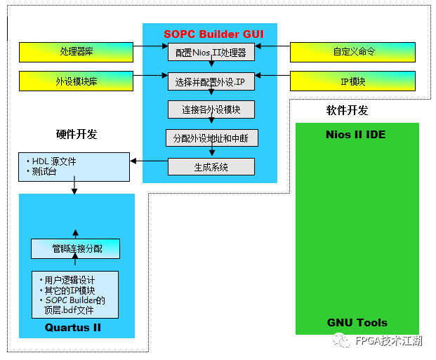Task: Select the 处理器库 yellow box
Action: pos(75,51)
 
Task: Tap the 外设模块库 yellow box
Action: pos(75,81)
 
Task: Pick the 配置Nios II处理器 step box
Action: pos(211,52)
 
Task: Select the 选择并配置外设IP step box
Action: pos(211,81)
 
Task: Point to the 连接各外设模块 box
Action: pos(211,109)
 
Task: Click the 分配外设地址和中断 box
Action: pos(211,138)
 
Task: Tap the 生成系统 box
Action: pos(211,167)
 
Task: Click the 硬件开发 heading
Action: pos(77,134)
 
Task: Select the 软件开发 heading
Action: pos(347,110)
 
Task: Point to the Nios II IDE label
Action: pos(356,134)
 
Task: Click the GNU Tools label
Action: pos(357,322)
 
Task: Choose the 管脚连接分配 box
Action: pos(76,248)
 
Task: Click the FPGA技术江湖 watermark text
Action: pos(388,341)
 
